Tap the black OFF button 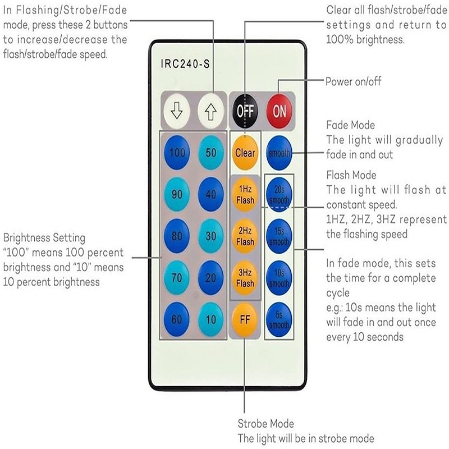(245, 111)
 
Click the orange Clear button (245, 153)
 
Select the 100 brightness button (177, 153)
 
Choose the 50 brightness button (212, 153)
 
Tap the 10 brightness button (212, 320)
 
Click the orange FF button (245, 320)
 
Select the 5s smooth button (279, 320)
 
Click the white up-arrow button (212, 111)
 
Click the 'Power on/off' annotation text (353, 82)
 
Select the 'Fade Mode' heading (350, 125)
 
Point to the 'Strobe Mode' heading (265, 424)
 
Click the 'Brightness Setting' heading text (44, 238)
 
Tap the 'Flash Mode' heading (351, 175)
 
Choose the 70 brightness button (177, 277)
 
